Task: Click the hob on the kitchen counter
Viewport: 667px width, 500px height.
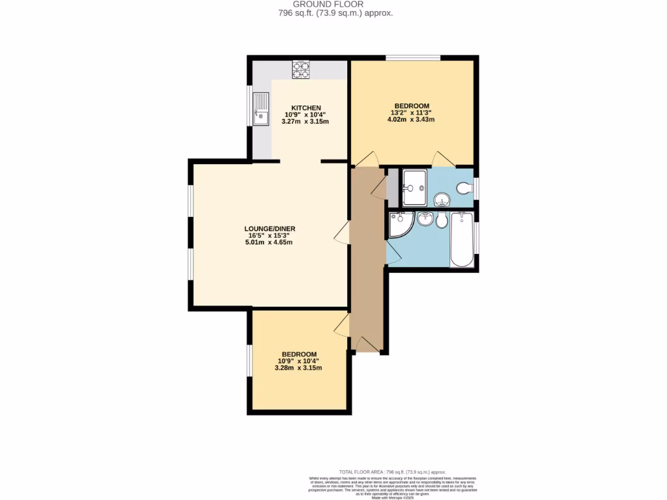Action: pos(301,69)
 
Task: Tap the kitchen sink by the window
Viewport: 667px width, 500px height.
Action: pos(261,109)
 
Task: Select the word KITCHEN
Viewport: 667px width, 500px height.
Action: pos(306,107)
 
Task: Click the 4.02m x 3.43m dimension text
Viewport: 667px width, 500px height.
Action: pos(411,120)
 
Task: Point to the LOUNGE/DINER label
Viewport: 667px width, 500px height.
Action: pos(270,229)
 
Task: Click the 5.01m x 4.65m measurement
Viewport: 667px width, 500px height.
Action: pos(270,243)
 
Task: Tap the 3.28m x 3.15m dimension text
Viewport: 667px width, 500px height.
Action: pos(298,368)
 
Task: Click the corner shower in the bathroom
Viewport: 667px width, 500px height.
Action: pos(399,225)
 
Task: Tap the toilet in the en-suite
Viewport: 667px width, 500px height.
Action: pos(464,188)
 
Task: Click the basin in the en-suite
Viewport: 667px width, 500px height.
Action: pos(442,199)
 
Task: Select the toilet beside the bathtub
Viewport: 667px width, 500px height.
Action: pos(442,221)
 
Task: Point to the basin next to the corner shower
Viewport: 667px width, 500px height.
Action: pos(425,219)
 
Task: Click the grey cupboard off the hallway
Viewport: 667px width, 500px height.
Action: pos(392,187)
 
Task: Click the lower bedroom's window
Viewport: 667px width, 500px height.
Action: pos(249,360)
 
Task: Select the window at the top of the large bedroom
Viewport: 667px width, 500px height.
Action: pos(412,59)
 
